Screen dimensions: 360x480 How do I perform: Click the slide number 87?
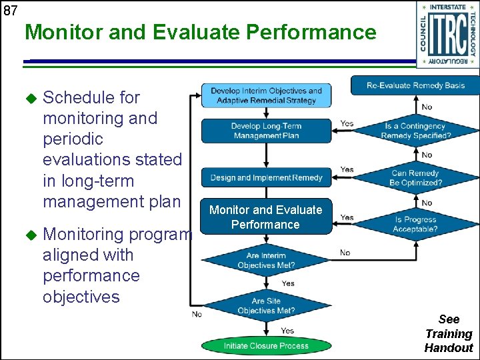click(10, 9)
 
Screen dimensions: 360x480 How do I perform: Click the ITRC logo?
click(447, 35)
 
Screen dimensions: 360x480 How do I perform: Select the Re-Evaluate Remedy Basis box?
click(415, 85)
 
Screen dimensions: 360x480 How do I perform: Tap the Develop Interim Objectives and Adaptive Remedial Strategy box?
click(266, 95)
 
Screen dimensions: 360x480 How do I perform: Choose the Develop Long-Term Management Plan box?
click(266, 131)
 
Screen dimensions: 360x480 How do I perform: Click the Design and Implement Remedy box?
click(266, 177)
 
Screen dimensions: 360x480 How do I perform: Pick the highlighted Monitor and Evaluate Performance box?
click(266, 217)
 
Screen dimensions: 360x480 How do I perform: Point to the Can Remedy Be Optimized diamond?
click(416, 177)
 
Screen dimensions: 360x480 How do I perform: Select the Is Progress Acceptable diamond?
click(416, 224)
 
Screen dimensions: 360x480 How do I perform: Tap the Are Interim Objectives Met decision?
click(266, 261)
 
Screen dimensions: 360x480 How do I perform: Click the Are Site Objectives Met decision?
click(266, 306)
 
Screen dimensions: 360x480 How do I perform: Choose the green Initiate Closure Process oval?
click(266, 346)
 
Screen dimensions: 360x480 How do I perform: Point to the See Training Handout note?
click(449, 333)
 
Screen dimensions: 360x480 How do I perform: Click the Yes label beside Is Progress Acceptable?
click(347, 217)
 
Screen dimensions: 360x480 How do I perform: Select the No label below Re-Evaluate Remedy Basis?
click(427, 107)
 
